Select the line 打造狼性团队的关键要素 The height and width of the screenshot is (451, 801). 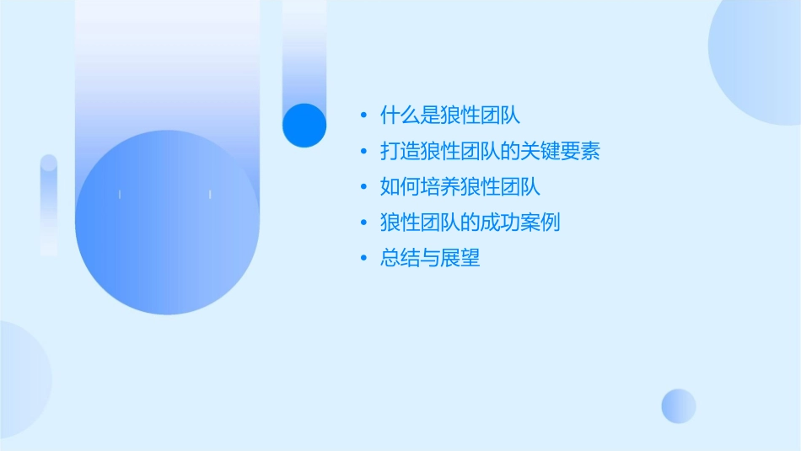coord(490,152)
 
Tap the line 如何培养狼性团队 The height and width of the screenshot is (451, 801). coord(460,187)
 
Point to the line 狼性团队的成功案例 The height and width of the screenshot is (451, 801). coord(470,223)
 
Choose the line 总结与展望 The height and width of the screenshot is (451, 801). coord(430,259)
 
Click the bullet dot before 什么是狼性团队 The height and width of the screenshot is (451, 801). coord(363,116)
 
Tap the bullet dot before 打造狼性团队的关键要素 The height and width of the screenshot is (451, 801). coord(363,153)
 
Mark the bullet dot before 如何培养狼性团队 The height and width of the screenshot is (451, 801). coord(363,188)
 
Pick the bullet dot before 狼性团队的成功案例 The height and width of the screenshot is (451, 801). coord(363,223)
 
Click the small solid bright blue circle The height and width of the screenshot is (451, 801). coord(304,125)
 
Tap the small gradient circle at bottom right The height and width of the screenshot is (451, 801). coord(679,406)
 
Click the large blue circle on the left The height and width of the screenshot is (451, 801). coord(167,223)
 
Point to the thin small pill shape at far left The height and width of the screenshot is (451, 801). coord(49,205)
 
